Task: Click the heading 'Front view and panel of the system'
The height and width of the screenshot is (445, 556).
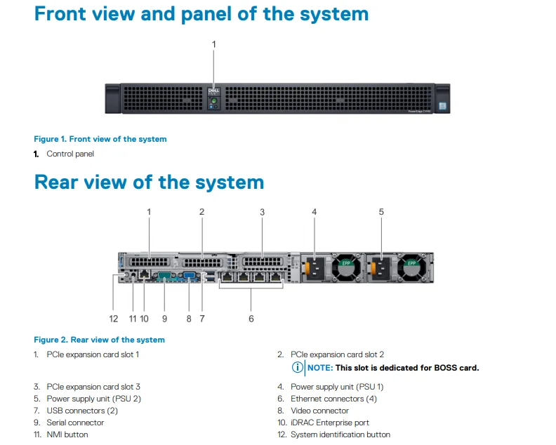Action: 201,13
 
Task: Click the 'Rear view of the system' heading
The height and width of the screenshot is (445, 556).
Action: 149,182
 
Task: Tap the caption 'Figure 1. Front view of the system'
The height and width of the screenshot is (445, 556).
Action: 100,139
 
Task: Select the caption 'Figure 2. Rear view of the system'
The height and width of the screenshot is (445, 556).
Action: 99,340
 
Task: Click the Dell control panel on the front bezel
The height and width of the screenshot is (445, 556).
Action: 214,98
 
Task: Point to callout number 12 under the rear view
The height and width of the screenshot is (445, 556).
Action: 114,319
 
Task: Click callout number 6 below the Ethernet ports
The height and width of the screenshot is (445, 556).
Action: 251,319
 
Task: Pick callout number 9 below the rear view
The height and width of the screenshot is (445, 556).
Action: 164,319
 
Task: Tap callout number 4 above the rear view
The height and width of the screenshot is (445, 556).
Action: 315,211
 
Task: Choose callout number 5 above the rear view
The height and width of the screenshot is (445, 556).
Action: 381,211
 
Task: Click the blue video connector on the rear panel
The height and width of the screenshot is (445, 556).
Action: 190,277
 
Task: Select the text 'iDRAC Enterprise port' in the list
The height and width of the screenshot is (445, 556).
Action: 329,423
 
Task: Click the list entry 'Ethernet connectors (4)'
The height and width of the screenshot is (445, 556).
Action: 333,399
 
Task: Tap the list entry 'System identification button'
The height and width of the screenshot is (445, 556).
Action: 340,434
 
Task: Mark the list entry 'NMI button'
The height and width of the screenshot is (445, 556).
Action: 67,434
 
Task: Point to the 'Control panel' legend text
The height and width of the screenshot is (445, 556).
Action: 70,154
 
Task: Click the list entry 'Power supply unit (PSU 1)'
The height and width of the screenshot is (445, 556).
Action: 337,387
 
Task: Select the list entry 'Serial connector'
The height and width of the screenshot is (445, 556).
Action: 75,423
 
